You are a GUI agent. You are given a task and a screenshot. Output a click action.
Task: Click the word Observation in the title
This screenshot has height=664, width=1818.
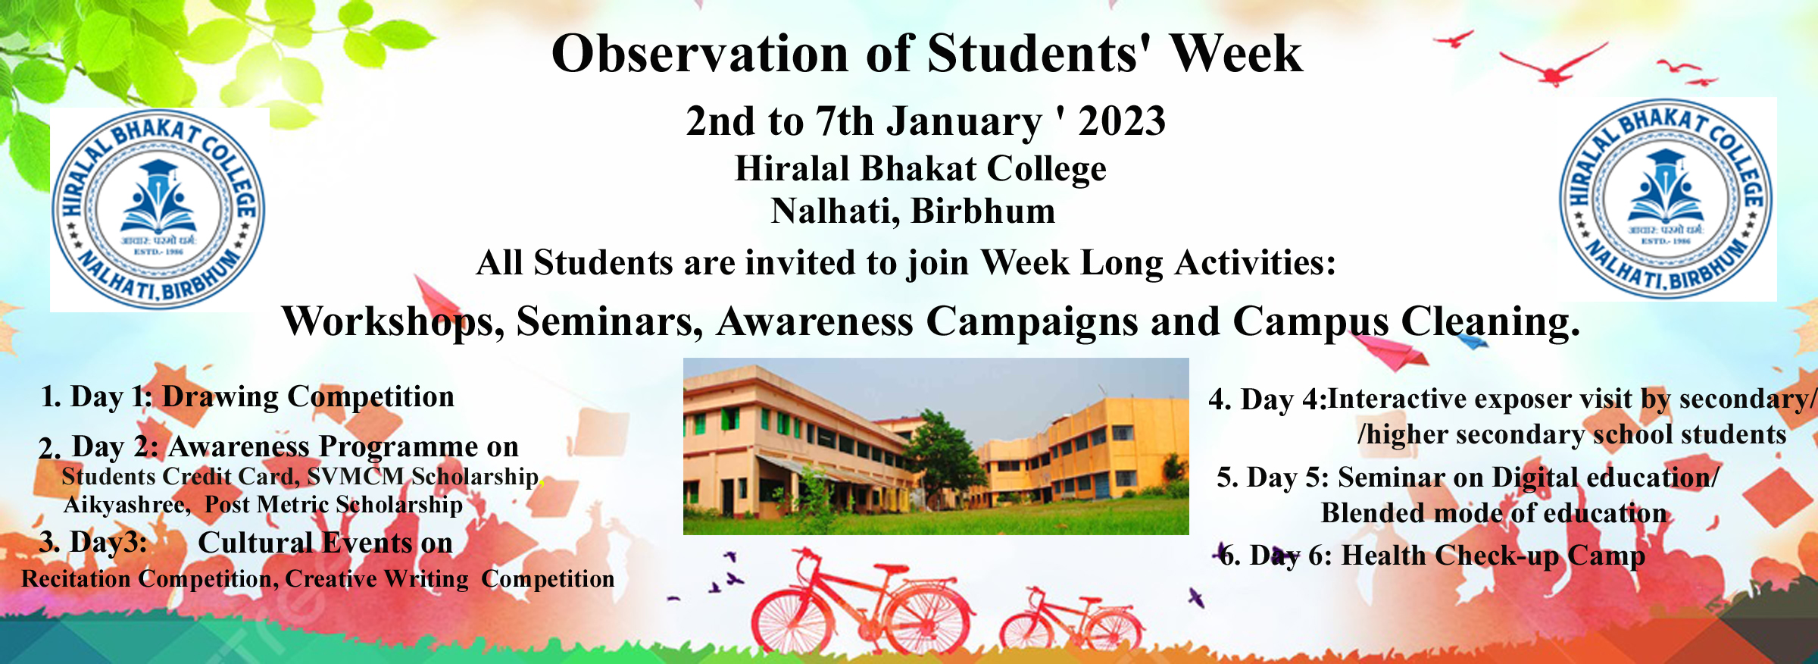(701, 54)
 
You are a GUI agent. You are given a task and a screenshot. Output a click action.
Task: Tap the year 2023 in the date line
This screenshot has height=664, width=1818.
(1122, 121)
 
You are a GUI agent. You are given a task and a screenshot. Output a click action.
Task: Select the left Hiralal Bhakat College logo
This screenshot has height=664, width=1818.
(158, 209)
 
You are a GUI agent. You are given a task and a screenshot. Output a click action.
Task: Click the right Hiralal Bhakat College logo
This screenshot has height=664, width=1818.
(1666, 199)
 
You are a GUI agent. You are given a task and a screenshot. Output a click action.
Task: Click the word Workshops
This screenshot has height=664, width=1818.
(393, 322)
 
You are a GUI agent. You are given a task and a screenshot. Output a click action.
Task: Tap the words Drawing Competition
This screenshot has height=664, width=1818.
(308, 397)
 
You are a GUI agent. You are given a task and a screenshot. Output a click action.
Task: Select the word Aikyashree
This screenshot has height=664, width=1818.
(127, 506)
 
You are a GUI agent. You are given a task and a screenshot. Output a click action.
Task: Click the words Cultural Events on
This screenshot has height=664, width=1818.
(326, 543)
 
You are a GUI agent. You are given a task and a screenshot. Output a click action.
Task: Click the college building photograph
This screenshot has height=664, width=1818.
(936, 446)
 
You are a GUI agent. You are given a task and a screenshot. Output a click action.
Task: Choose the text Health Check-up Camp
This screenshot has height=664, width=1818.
(1493, 556)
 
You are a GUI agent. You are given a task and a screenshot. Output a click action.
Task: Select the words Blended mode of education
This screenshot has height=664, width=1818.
(1494, 513)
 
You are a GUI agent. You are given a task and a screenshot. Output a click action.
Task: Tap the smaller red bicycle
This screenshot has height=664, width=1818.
(1072, 623)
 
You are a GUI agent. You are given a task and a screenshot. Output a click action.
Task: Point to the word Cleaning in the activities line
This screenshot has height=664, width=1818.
(1490, 322)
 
